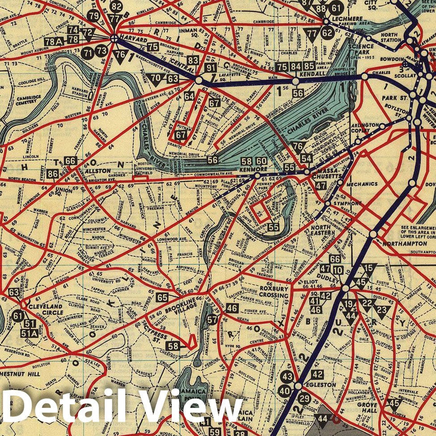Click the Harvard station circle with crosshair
[x=114, y=38]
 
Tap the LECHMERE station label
[x=347, y=18]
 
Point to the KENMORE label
[x=254, y=169]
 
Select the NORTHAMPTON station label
[x=403, y=243]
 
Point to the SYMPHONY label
[x=348, y=203]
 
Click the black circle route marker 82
[x=117, y=7]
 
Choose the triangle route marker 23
[x=381, y=309]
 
